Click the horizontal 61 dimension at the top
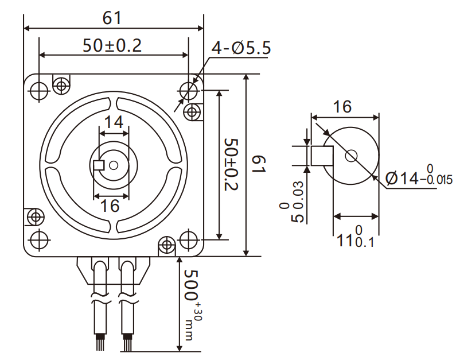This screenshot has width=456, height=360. (x=112, y=17)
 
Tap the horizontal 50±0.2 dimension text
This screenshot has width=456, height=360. (x=112, y=46)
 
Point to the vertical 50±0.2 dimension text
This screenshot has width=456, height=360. (x=231, y=165)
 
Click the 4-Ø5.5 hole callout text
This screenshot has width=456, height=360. (x=241, y=48)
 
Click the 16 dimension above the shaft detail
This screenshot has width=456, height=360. (x=342, y=106)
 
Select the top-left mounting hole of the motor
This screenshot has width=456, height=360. (x=39, y=90)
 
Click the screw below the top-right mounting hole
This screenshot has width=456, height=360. (x=193, y=111)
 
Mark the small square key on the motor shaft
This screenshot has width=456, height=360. (x=98, y=165)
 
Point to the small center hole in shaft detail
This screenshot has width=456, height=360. (x=351, y=155)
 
